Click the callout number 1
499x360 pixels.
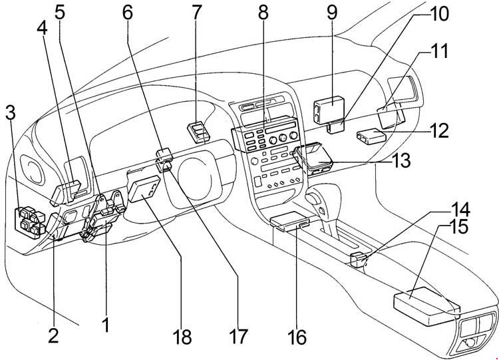[106, 324]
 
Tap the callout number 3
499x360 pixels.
[11, 112]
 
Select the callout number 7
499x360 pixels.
[196, 13]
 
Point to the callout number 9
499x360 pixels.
[332, 13]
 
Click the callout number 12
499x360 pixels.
[439, 130]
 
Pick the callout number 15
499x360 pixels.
[458, 226]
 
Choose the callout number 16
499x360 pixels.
[297, 337]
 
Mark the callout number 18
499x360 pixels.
[182, 337]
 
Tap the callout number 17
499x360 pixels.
[238, 337]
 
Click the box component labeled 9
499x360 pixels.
[329, 109]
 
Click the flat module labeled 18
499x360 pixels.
[145, 190]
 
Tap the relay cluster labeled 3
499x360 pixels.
[29, 222]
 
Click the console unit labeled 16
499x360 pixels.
[289, 220]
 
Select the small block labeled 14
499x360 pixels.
[358, 259]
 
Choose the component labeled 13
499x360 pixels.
[313, 159]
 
